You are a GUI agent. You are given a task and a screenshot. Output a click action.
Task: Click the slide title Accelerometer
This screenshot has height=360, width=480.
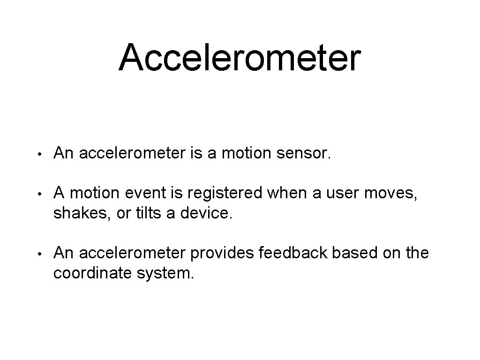click(240, 57)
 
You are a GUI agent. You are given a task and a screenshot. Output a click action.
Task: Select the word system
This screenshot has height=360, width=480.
click(164, 273)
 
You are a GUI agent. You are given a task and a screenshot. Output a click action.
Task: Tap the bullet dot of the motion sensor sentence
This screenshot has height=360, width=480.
click(41, 153)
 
